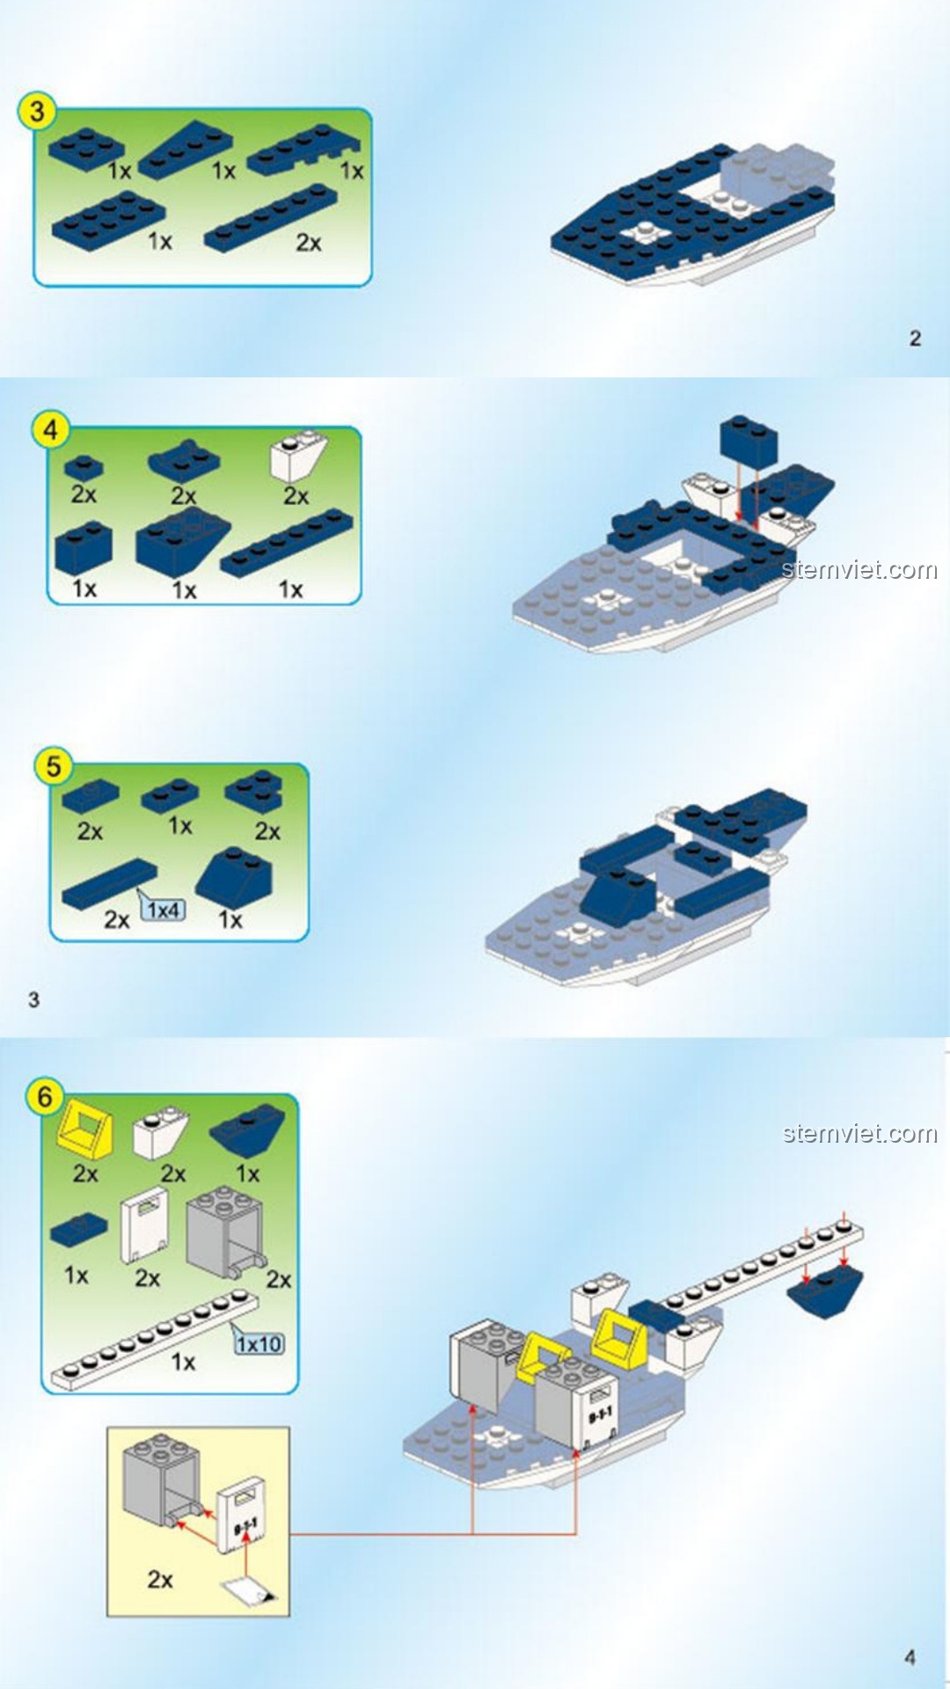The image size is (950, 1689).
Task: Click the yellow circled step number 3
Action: click(36, 112)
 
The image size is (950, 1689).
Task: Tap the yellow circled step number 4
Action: click(50, 430)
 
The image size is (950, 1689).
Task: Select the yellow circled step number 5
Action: click(53, 765)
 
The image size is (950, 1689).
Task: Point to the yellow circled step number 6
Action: click(44, 1097)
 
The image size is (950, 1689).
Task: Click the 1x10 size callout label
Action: click(259, 1344)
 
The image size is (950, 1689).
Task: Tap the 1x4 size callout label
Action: click(164, 910)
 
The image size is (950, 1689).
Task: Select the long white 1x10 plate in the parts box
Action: click(154, 1339)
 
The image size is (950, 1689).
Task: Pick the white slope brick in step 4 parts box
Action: click(299, 456)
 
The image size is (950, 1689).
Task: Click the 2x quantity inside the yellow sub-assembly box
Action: click(160, 1579)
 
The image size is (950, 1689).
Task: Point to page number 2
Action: click(915, 339)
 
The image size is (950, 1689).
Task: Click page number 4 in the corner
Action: click(910, 1657)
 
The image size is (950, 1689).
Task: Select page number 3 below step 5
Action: click(33, 999)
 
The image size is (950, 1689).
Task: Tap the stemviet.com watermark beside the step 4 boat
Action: click(859, 570)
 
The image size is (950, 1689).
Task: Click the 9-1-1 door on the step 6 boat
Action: click(599, 1413)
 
